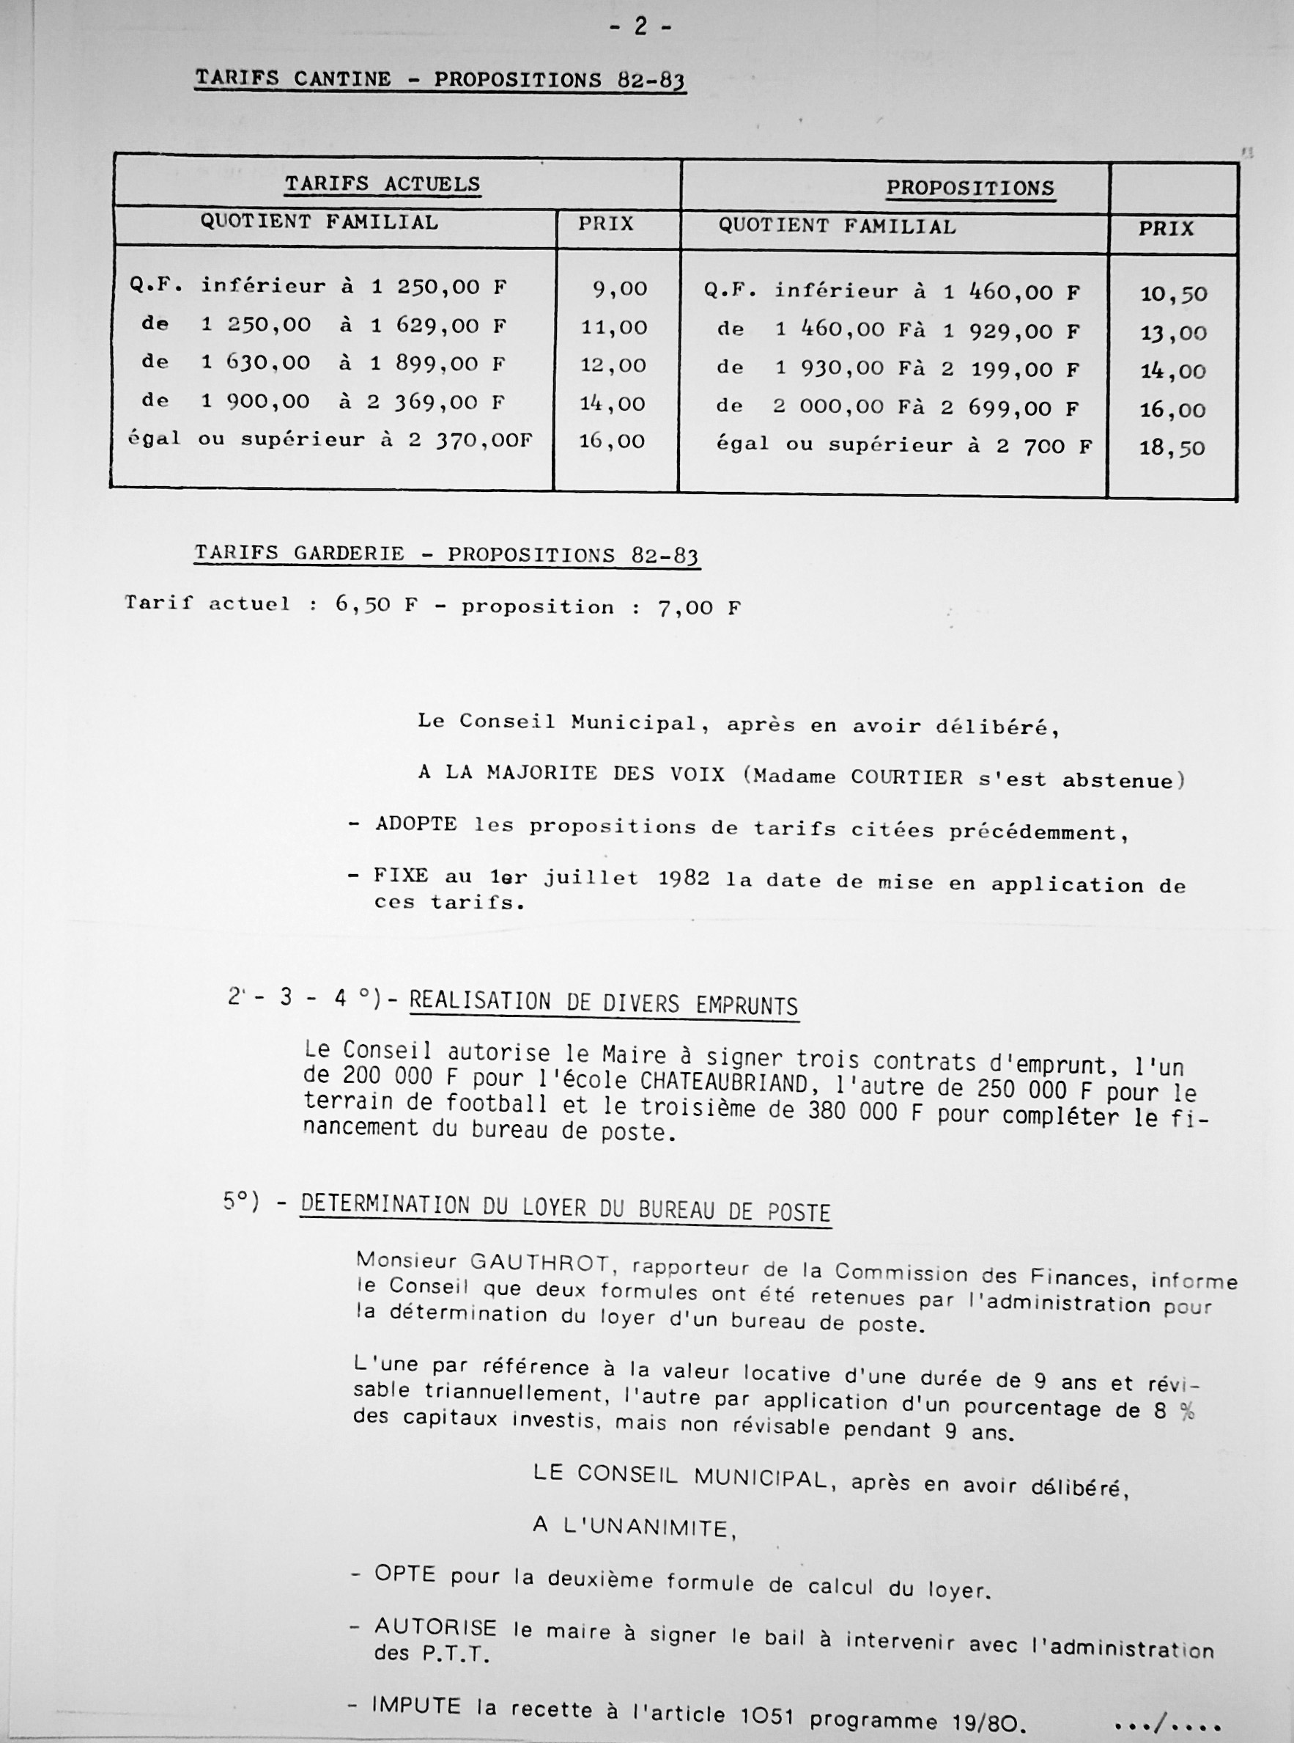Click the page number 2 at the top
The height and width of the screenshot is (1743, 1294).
click(640, 26)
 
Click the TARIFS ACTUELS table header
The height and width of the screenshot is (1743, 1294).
click(382, 184)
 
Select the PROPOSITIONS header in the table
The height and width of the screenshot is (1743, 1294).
click(969, 189)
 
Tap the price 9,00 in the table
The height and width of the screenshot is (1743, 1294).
click(620, 289)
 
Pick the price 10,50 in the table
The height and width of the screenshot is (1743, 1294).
click(1173, 295)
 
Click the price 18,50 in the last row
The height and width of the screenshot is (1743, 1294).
click(1172, 449)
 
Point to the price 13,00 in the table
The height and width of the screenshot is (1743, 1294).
click(1173, 333)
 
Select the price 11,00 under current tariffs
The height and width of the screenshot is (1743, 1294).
click(614, 328)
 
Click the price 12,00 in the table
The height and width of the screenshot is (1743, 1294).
click(614, 365)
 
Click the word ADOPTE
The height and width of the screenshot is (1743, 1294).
click(416, 824)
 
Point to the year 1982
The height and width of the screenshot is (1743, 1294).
click(684, 878)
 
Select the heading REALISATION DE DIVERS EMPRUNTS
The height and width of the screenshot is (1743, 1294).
click(603, 1004)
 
